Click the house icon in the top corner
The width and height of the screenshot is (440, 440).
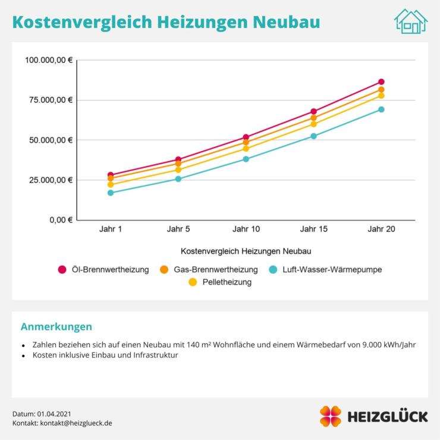[411, 21]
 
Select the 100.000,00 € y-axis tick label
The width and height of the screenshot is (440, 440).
[49, 60]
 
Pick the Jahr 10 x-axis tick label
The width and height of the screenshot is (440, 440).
[246, 230]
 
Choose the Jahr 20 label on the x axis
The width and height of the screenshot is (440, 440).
[381, 230]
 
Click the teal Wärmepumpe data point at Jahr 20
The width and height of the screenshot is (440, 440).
[381, 109]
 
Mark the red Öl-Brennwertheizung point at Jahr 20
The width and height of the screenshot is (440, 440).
[381, 81]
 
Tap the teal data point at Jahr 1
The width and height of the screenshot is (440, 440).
[111, 193]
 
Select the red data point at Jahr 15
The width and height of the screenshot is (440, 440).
[314, 111]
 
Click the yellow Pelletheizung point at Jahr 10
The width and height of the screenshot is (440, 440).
[246, 149]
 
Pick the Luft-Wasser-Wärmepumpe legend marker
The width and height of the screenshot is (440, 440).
[273, 269]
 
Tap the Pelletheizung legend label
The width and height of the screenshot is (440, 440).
[227, 282]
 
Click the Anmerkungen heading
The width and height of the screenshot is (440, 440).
[56, 326]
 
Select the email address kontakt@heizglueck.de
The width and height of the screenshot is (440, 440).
[76, 423]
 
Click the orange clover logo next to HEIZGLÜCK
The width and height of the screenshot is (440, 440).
[331, 416]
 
